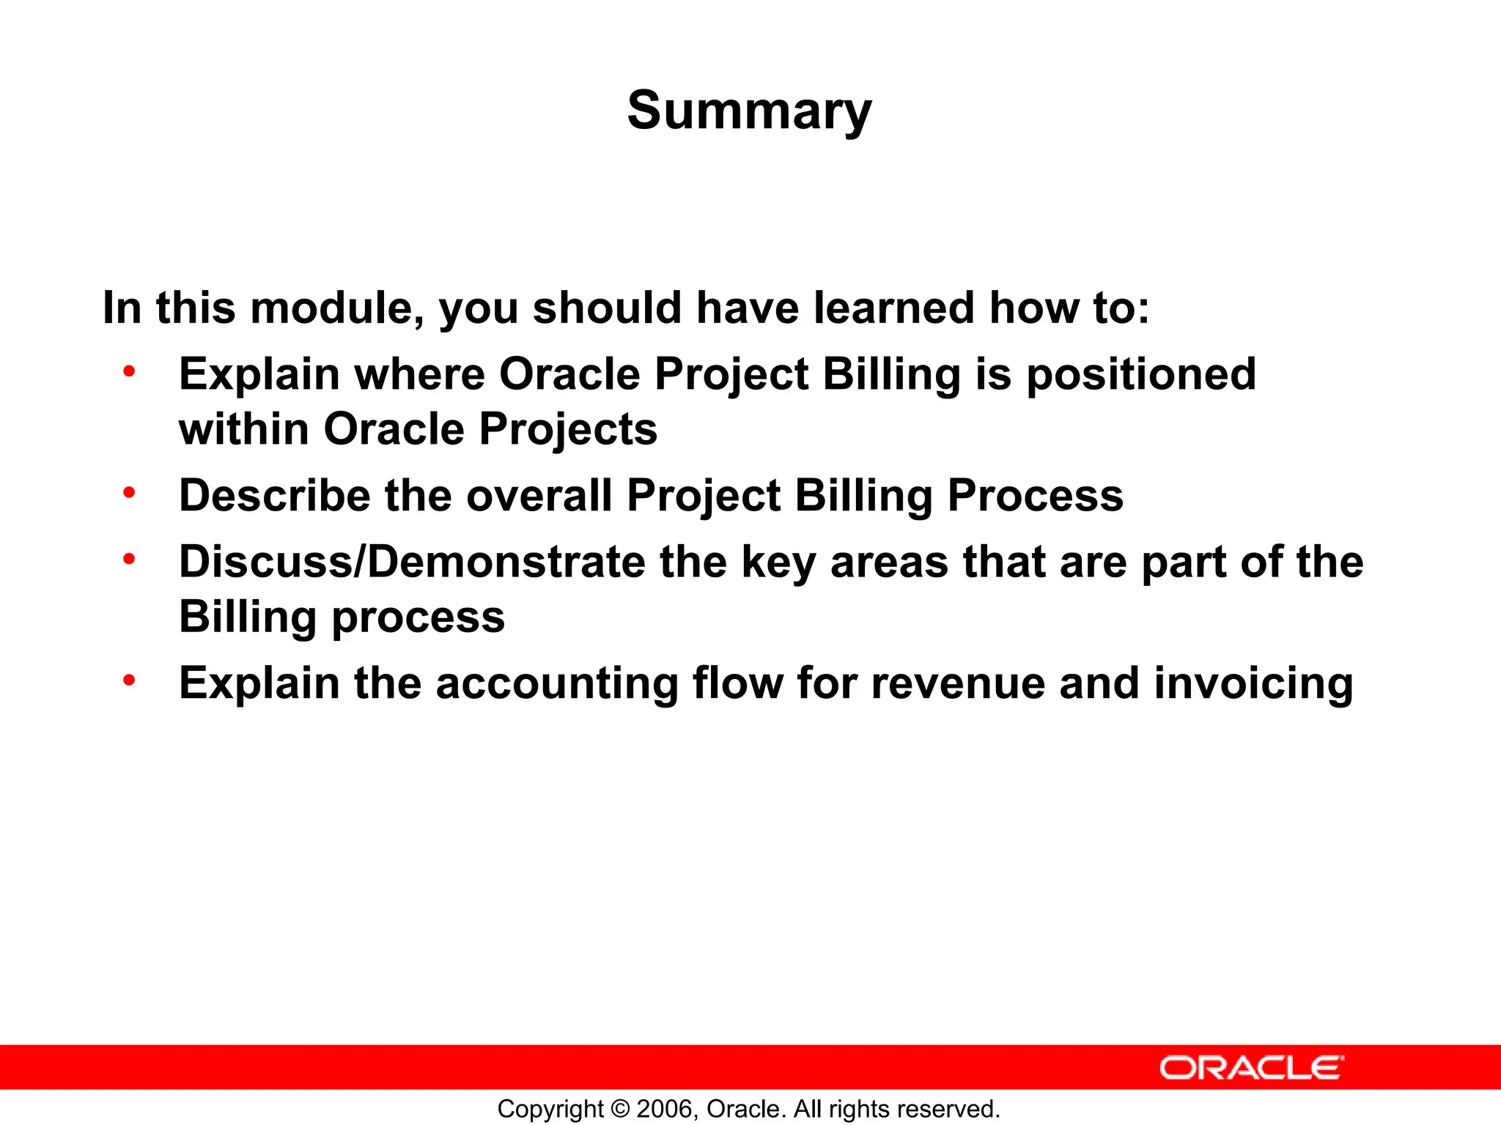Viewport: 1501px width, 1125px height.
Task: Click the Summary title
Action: point(749,111)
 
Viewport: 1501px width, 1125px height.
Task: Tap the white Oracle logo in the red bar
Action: point(1252,1068)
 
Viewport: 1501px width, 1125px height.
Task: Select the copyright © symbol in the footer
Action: point(620,1109)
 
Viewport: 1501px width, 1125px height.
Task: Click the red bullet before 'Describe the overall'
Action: point(129,493)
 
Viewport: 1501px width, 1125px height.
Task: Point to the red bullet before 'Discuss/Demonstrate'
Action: point(129,560)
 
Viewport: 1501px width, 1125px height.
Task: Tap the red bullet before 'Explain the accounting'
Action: point(129,680)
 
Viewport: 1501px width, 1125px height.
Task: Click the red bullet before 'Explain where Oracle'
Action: point(129,371)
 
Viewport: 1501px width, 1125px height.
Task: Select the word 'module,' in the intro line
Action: point(337,308)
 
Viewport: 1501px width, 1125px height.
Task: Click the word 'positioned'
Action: point(1140,375)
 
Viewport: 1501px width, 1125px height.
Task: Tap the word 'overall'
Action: point(539,496)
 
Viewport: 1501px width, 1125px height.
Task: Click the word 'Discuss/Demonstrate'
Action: point(412,562)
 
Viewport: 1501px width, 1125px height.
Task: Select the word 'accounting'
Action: point(557,684)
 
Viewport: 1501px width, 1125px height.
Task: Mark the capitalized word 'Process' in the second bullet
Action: point(1035,496)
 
